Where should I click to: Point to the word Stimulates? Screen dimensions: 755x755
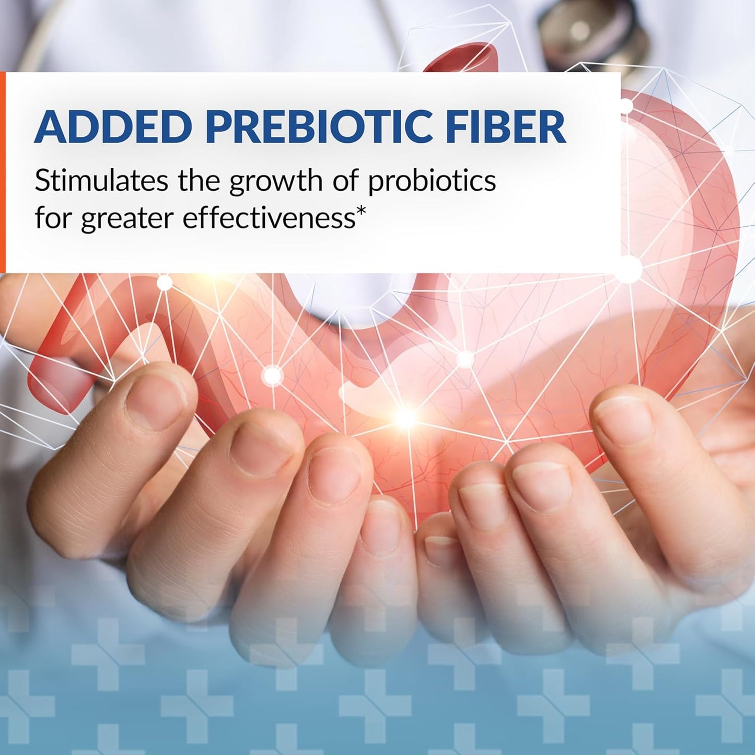pos(101,181)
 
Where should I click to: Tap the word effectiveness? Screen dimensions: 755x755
pos(269,218)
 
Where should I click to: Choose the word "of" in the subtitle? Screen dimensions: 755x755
pos(345,181)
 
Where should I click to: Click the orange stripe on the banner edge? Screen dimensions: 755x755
pos(2,172)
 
